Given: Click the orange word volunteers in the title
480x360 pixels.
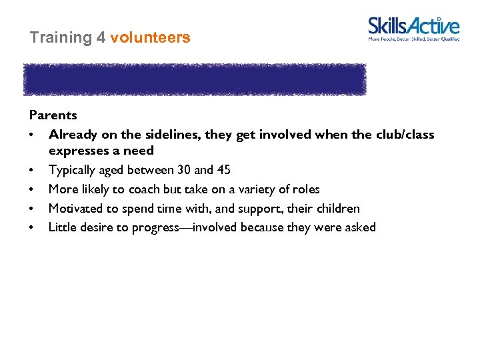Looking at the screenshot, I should tap(150, 38).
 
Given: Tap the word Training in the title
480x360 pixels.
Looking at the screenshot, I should tap(61, 38).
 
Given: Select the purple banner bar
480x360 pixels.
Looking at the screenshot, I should tap(195, 80).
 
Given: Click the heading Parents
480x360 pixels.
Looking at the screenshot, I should tap(53, 115).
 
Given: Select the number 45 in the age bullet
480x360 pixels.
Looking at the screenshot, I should tap(223, 170).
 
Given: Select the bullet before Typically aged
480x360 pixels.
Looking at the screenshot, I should tap(32, 171).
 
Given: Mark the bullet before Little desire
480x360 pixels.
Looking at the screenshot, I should tap(32, 228).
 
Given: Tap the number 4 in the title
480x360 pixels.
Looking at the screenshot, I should tap(101, 38).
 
